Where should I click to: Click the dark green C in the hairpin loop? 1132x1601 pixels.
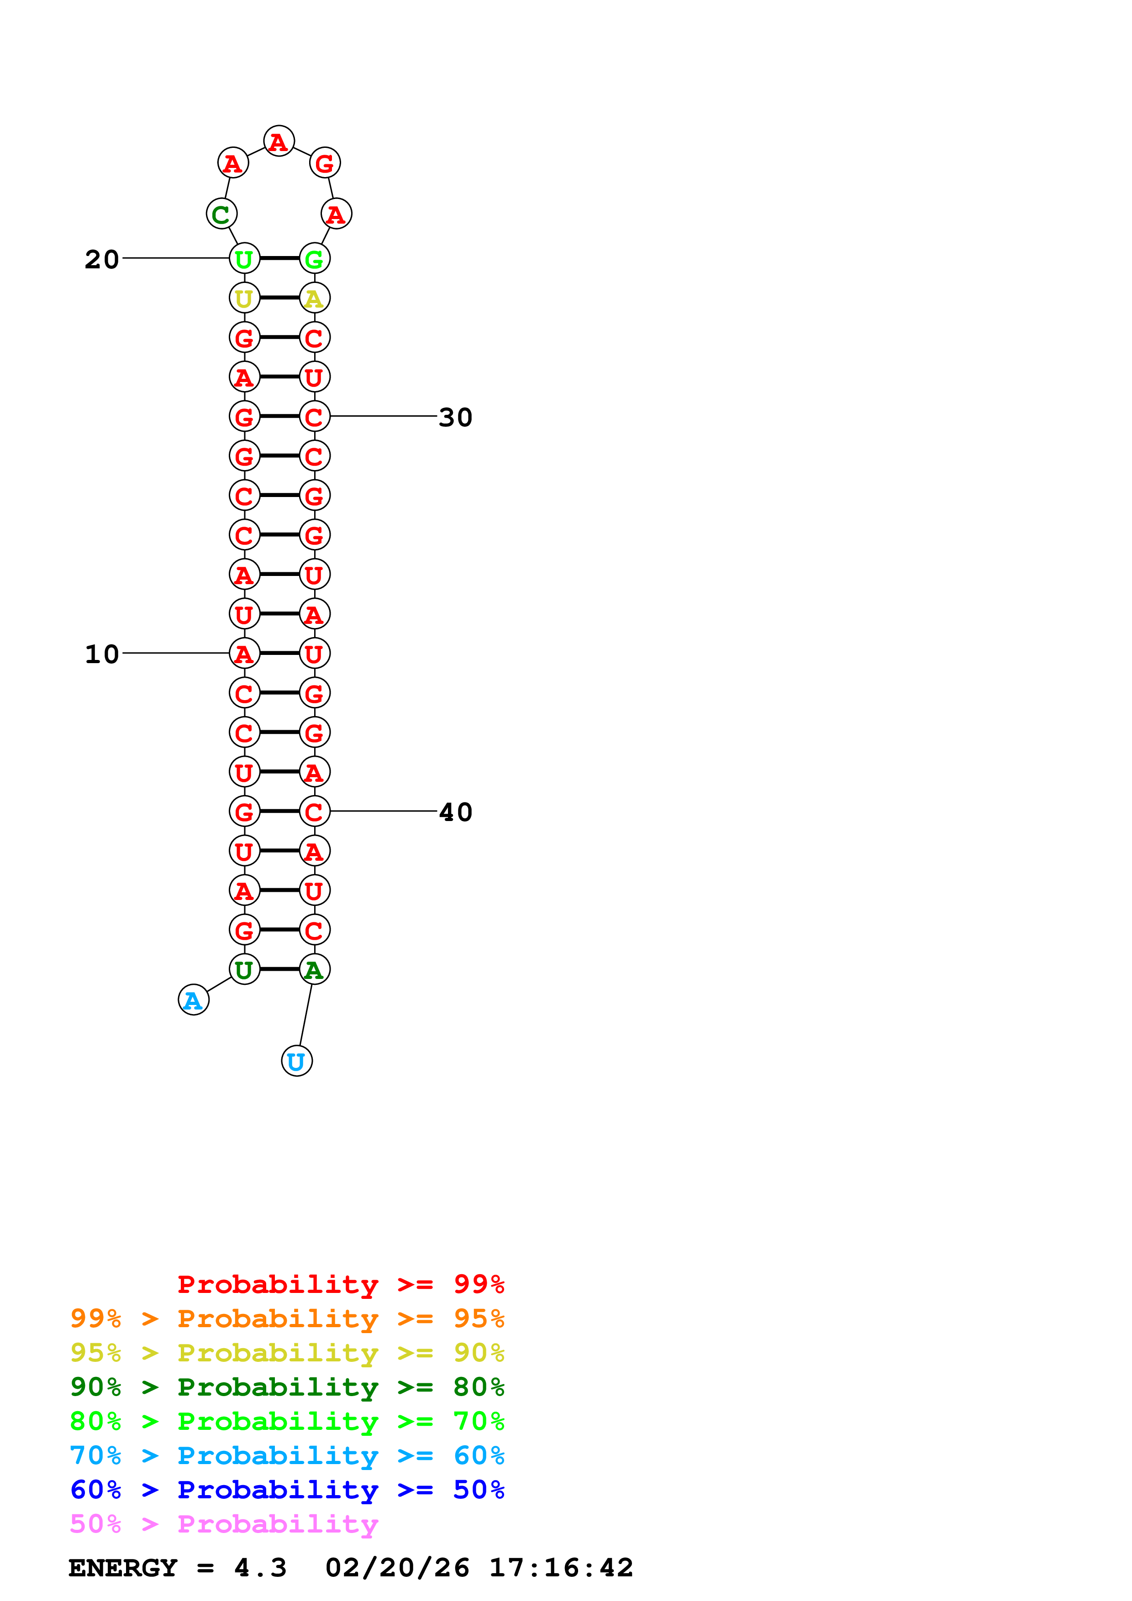coord(221,214)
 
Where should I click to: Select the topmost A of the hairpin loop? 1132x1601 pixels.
coord(278,141)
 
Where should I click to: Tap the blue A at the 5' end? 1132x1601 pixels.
coord(193,1000)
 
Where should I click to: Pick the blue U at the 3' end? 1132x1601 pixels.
coord(296,1061)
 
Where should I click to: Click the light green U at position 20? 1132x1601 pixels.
coord(244,259)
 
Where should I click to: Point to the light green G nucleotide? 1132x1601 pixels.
coord(314,259)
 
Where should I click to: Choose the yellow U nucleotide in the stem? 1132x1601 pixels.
coord(244,298)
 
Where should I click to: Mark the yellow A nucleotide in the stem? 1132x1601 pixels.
coord(314,298)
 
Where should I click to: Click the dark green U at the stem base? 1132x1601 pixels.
coord(244,969)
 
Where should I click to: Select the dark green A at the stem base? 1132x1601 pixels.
coord(314,969)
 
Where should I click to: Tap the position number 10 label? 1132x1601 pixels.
coord(102,654)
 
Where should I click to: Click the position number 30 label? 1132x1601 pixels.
coord(455,418)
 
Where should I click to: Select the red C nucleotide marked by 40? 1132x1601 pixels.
coord(314,811)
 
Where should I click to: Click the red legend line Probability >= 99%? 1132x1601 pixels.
coord(340,1284)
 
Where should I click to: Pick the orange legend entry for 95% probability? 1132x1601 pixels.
coord(287,1318)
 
